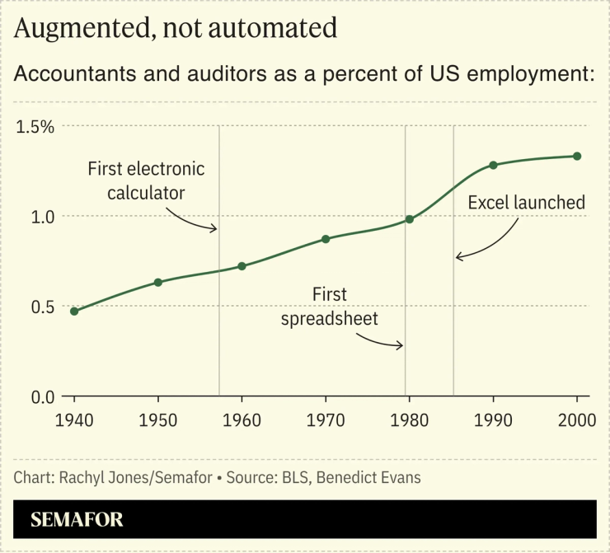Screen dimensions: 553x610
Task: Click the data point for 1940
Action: (x=74, y=311)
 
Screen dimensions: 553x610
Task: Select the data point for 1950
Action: (x=158, y=282)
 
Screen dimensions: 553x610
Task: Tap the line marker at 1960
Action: (x=242, y=266)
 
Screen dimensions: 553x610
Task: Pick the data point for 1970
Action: (x=326, y=239)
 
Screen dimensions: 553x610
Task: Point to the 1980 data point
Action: (x=409, y=218)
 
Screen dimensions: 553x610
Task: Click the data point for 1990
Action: (x=493, y=165)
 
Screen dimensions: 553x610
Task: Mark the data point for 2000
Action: (x=577, y=156)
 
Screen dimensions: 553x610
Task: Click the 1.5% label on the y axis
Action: (x=35, y=127)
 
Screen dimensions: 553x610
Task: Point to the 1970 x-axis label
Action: (x=326, y=420)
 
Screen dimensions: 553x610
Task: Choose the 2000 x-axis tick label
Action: (x=576, y=420)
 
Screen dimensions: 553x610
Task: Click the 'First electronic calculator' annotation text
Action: (x=146, y=180)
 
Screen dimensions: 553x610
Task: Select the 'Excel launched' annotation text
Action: (x=526, y=203)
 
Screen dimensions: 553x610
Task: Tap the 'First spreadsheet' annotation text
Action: (x=330, y=307)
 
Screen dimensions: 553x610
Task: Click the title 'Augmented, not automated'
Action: (x=176, y=28)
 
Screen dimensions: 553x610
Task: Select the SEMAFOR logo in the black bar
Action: (x=77, y=520)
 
